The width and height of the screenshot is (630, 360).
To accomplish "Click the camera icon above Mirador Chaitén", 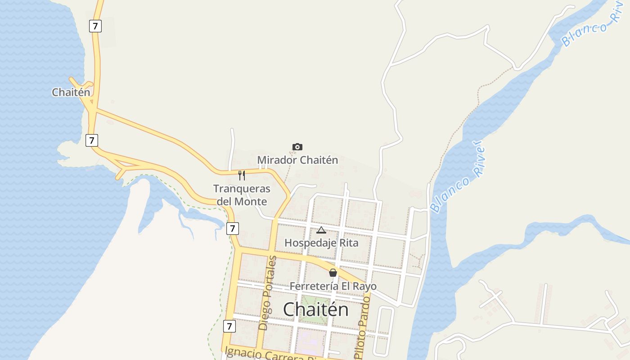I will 297,147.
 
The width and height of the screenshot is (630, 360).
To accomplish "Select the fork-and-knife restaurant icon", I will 242,175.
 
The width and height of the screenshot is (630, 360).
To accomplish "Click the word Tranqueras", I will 242,189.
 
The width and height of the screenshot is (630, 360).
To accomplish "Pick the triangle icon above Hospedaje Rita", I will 321,230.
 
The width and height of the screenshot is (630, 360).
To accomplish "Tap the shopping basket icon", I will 333,273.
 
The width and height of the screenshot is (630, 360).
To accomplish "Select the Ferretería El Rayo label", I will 333,286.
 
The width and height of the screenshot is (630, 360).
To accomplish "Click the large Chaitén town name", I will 315,310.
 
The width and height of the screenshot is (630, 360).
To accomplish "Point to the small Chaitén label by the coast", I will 71,92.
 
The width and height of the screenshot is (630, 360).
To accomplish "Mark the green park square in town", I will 314,310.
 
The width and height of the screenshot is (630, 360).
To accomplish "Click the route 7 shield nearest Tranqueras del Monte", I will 232,228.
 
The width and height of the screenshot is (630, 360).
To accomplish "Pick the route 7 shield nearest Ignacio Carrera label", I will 229,326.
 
